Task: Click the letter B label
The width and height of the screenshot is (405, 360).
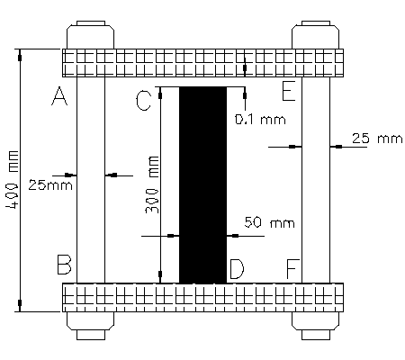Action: tap(63, 265)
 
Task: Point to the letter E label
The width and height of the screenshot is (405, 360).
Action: tap(288, 91)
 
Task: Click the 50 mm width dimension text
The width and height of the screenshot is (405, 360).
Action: tap(270, 221)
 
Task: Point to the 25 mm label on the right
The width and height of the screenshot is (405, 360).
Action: tap(374, 139)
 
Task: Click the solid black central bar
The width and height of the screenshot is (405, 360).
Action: tap(202, 184)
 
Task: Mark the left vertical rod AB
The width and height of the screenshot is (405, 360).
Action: tap(90, 180)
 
